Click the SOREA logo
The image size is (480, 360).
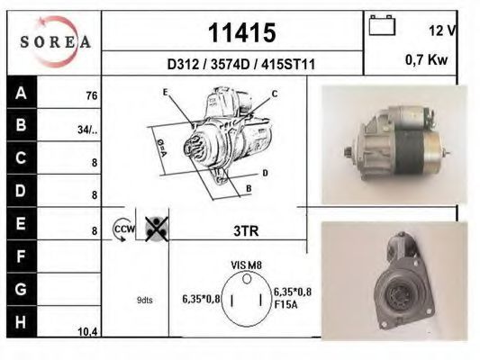tap(55, 41)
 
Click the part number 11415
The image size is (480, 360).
tap(242, 32)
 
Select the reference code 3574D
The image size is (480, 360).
tap(231, 65)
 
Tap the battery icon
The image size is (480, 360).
tap(382, 25)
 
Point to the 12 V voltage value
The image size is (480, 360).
tap(442, 31)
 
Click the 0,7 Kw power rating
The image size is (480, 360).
tap(427, 59)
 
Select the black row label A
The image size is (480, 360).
tap(21, 93)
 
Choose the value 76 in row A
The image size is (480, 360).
tap(92, 95)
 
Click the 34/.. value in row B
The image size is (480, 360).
tap(87, 130)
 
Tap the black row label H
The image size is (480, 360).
tap(21, 322)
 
